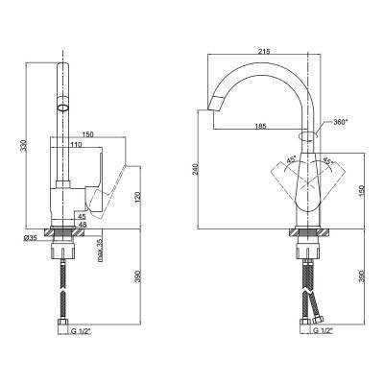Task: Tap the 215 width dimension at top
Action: pyautogui.click(x=265, y=51)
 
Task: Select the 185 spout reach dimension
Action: pyautogui.click(x=261, y=126)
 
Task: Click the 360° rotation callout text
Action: pyautogui.click(x=340, y=122)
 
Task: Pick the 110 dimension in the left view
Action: pyautogui.click(x=77, y=144)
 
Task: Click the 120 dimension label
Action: pyautogui.click(x=138, y=198)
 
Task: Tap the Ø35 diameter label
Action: pyautogui.click(x=31, y=237)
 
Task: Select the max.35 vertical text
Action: pyautogui.click(x=100, y=250)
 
